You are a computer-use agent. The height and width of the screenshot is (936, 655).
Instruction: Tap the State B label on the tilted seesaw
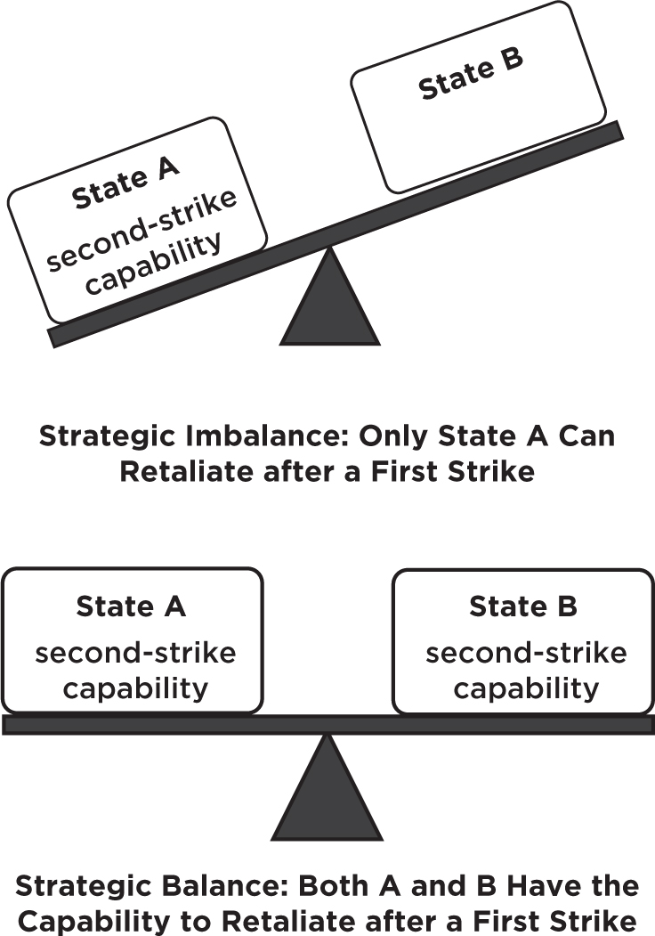click(x=470, y=75)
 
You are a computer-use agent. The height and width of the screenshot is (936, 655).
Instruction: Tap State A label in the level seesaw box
click(x=131, y=606)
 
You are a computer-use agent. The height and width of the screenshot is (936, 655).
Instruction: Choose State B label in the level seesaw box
click(x=523, y=606)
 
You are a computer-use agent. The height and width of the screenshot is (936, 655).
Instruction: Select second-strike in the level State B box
click(x=526, y=653)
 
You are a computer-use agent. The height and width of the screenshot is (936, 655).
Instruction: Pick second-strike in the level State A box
click(x=135, y=653)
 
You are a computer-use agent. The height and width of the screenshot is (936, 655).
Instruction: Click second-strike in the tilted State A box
click(x=142, y=228)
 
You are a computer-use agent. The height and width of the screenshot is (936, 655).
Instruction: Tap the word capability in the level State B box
click(x=525, y=688)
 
